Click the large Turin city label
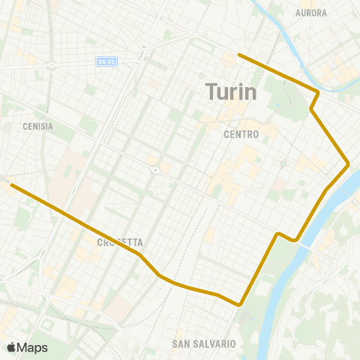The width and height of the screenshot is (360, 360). pyautogui.click(x=231, y=92)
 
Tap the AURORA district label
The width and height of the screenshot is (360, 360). pyautogui.click(x=311, y=13)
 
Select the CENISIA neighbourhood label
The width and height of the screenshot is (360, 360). pyautogui.click(x=37, y=127)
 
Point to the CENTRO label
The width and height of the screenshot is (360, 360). pyautogui.click(x=241, y=135)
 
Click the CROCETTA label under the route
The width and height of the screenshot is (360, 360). pyautogui.click(x=120, y=243)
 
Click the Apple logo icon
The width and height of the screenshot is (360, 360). pyautogui.click(x=12, y=347)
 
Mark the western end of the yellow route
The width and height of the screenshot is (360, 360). pyautogui.click(x=11, y=184)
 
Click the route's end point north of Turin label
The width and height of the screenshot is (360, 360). pyautogui.click(x=238, y=54)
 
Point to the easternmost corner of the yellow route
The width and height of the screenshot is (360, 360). pyautogui.click(x=349, y=163)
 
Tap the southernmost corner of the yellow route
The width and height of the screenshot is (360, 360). pyautogui.click(x=239, y=305)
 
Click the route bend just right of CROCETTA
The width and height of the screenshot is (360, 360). pyautogui.click(x=140, y=254)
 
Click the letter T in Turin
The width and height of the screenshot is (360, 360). pyautogui.click(x=211, y=92)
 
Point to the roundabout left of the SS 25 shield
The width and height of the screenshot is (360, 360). pyautogui.click(x=51, y=65)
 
